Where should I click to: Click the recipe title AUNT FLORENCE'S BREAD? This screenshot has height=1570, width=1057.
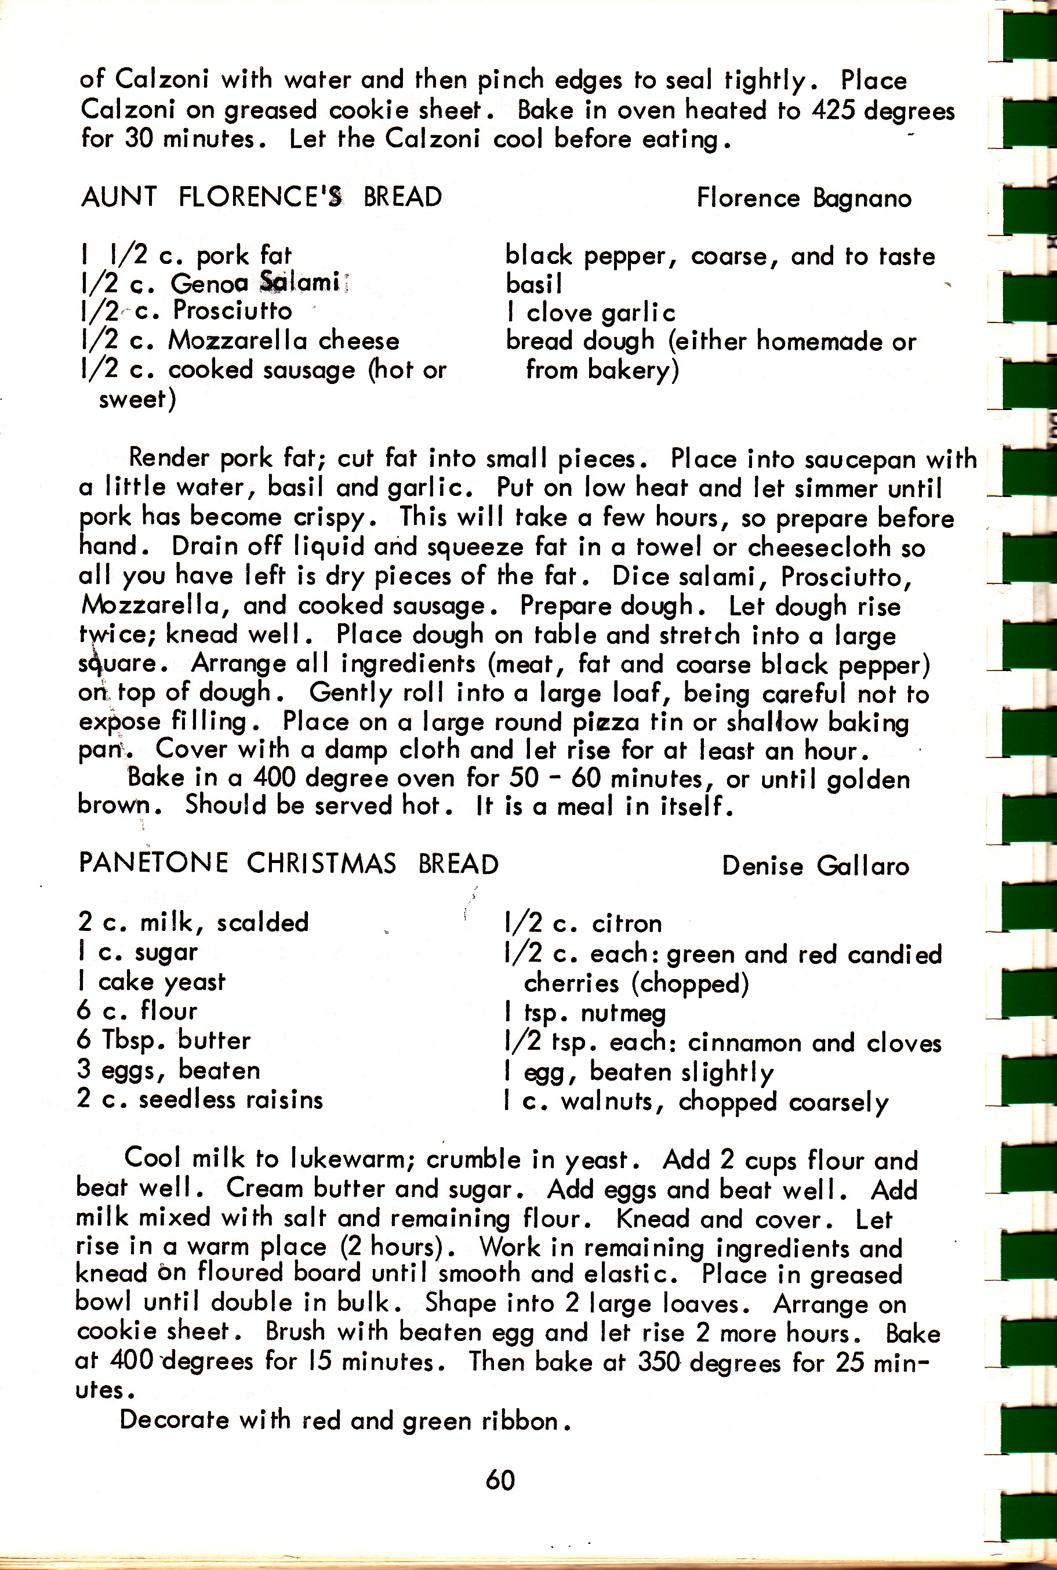point(261,197)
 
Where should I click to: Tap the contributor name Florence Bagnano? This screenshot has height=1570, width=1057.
point(804,198)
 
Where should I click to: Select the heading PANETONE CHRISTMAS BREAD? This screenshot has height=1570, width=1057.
point(289,864)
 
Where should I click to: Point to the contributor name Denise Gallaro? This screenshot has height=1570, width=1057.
point(815,865)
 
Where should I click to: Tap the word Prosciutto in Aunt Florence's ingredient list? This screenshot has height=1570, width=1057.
point(233,310)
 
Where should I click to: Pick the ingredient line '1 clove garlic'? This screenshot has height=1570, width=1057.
point(590,313)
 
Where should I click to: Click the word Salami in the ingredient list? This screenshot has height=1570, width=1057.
point(299,282)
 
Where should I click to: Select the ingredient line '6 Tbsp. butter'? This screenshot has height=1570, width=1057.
point(164,1039)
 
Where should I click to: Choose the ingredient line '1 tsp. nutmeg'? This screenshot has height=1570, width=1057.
point(585,1013)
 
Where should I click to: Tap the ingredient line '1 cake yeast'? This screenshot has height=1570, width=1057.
point(152,981)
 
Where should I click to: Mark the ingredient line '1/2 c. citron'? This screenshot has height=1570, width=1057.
point(583,923)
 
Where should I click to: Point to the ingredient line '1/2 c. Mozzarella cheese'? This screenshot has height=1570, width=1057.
point(239,340)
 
